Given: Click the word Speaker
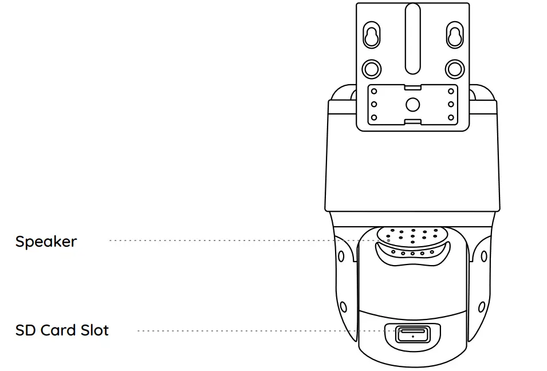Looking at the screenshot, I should click(46, 242).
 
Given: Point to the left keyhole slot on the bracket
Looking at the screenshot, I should click(371, 35).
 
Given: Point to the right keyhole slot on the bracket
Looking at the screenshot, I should click(455, 35).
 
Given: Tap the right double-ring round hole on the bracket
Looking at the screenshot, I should click(455, 69).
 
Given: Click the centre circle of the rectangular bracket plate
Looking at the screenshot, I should click(412, 104).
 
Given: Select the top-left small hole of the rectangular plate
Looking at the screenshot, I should click(374, 92).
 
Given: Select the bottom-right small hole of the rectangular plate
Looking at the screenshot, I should click(451, 117).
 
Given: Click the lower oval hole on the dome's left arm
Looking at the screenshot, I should click(344, 307).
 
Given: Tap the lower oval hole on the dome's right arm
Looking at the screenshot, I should click(482, 307).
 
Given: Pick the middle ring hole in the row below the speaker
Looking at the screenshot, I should click(413, 253).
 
